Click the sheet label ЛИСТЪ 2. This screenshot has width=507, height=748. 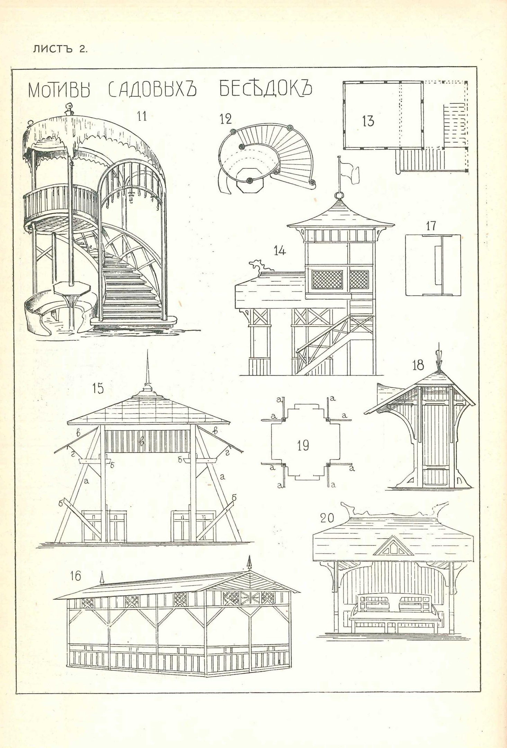click(x=60, y=49)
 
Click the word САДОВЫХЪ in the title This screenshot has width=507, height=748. click(x=153, y=90)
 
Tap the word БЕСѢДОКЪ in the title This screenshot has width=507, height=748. click(x=266, y=88)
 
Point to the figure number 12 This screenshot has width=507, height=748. click(x=226, y=119)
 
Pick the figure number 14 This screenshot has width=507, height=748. click(x=280, y=250)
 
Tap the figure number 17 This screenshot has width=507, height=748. click(x=431, y=226)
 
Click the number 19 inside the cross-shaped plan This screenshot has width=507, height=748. click(x=303, y=445)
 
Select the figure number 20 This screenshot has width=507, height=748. click(x=327, y=518)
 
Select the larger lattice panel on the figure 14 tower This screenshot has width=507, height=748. click(x=327, y=280)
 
